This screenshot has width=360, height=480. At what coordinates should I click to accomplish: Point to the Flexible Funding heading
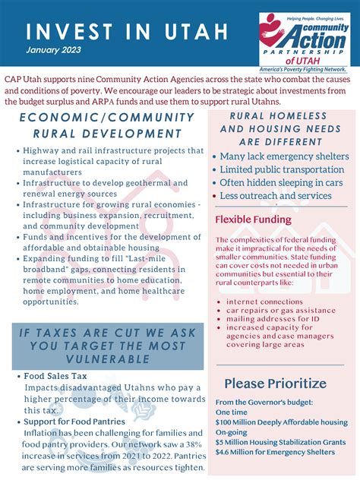[253, 219]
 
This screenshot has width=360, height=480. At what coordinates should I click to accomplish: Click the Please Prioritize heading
[276, 383]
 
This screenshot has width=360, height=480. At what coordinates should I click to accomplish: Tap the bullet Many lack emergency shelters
[284, 156]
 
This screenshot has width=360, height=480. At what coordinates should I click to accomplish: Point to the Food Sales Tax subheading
[55, 375]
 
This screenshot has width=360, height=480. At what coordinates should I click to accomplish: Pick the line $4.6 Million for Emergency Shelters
[274, 452]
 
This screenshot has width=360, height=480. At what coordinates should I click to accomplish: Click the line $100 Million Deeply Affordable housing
[281, 422]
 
